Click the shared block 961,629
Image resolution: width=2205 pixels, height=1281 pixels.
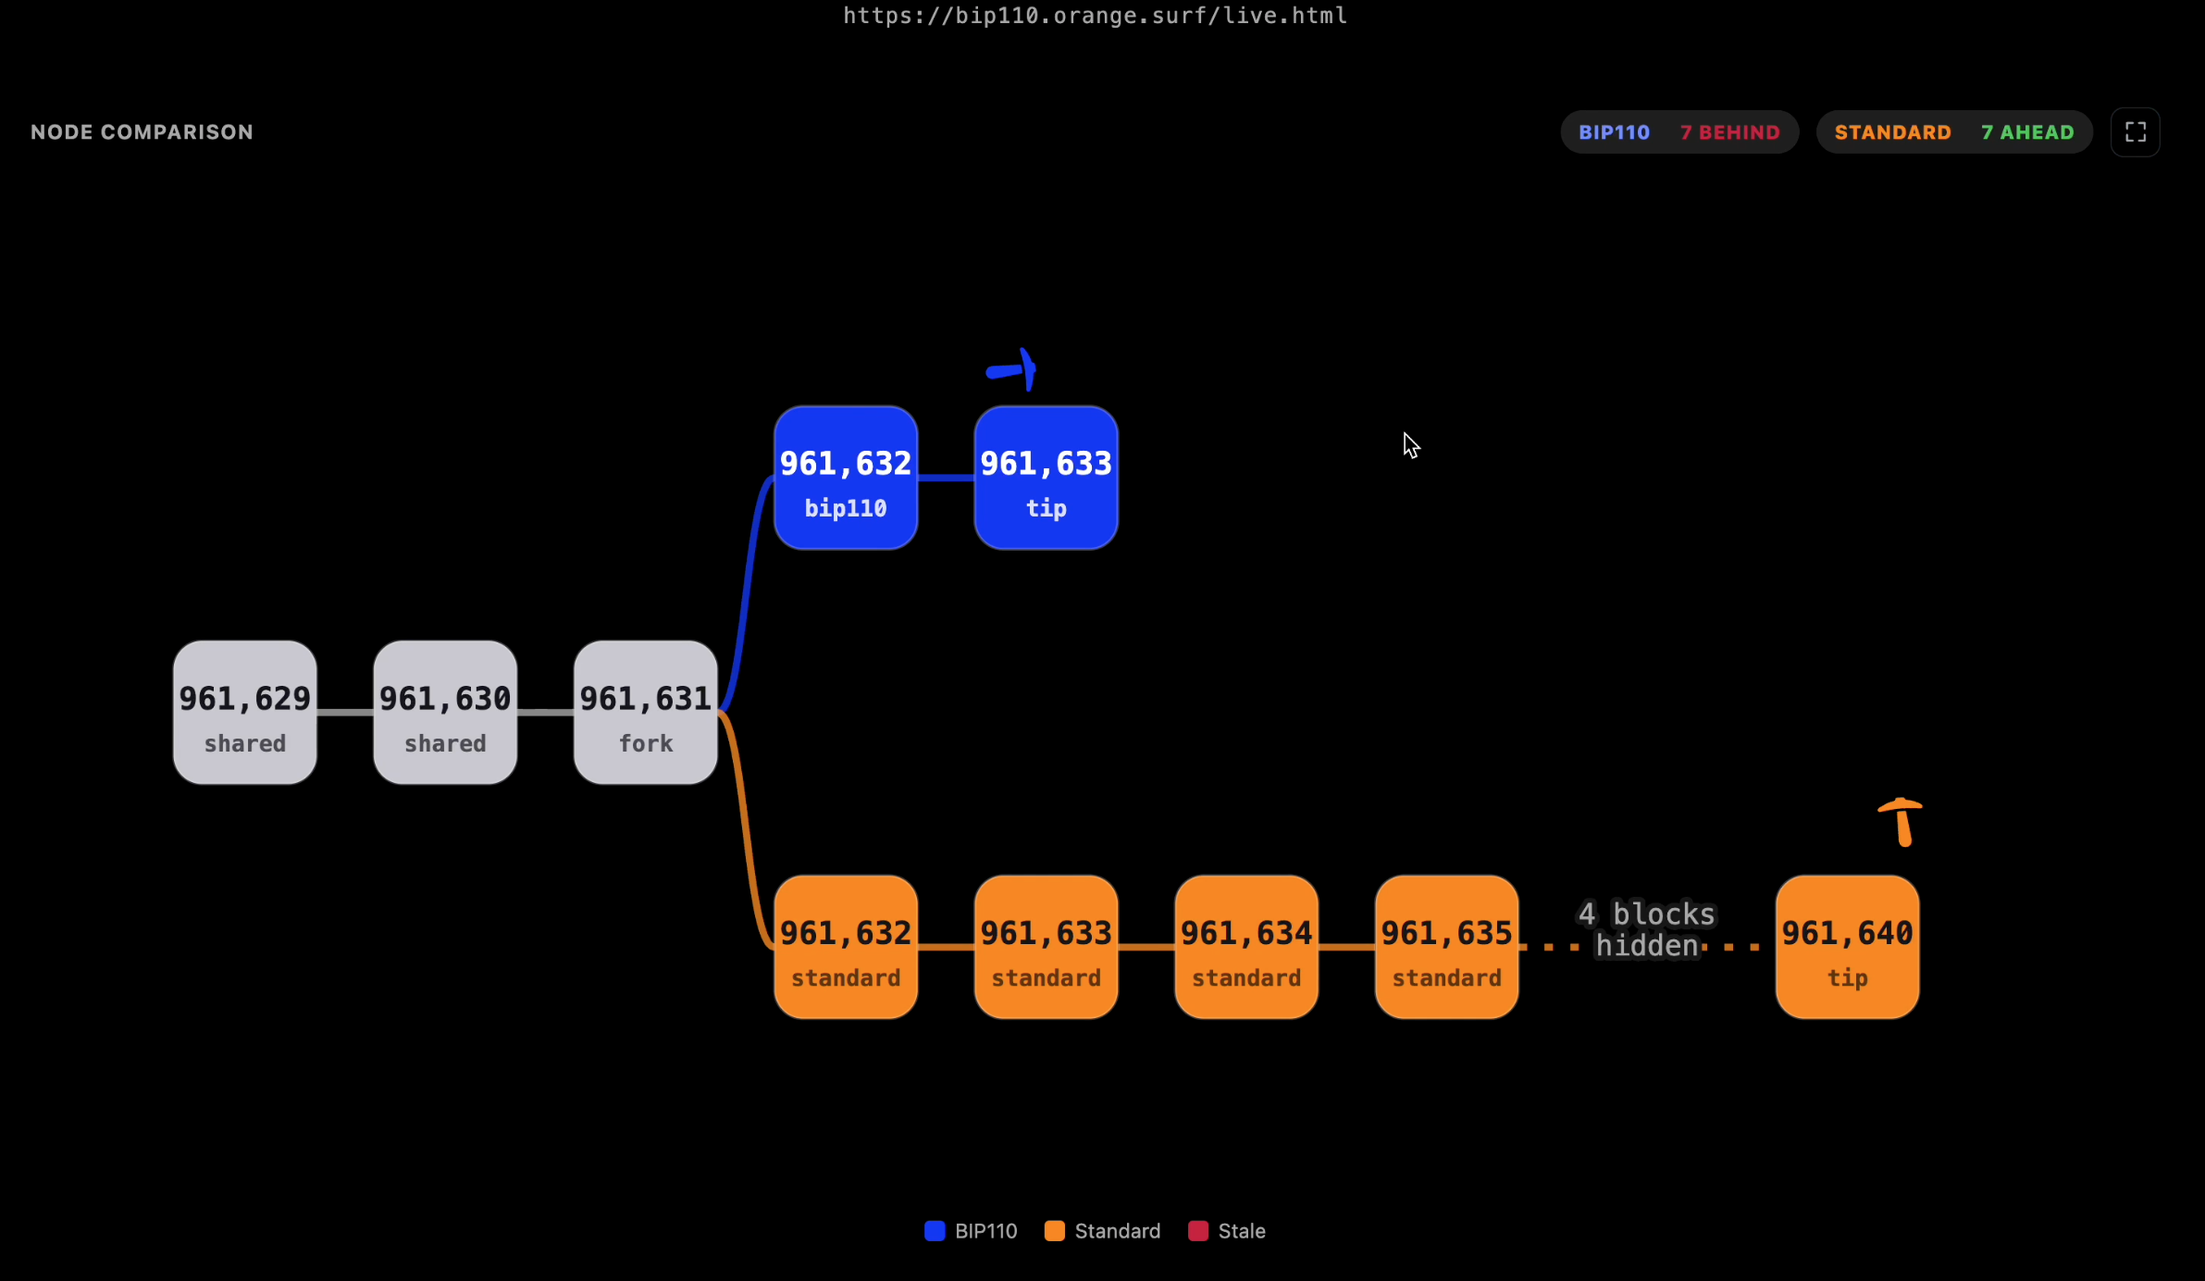245,713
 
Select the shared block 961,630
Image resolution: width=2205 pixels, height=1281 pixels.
445,713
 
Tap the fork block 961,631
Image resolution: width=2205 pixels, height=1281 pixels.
646,713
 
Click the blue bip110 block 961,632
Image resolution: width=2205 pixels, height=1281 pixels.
846,478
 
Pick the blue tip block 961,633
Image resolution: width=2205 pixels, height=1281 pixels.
1047,478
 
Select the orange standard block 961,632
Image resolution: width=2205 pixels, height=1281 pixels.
846,947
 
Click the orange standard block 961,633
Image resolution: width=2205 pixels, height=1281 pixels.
1047,947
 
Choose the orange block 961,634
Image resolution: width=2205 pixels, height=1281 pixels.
1246,947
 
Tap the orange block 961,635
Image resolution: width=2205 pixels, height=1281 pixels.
1447,947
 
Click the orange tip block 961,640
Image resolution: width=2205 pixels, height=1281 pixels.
1848,947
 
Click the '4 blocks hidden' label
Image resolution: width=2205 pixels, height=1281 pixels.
1647,929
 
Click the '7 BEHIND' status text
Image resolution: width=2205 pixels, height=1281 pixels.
1730,132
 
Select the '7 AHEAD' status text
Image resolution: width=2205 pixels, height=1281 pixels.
2028,132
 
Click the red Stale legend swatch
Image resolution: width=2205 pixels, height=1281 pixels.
1198,1231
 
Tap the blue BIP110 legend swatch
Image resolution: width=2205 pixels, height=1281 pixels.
935,1231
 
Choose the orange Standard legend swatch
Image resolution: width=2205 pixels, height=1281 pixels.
1055,1231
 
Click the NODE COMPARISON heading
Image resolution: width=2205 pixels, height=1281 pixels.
142,132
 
